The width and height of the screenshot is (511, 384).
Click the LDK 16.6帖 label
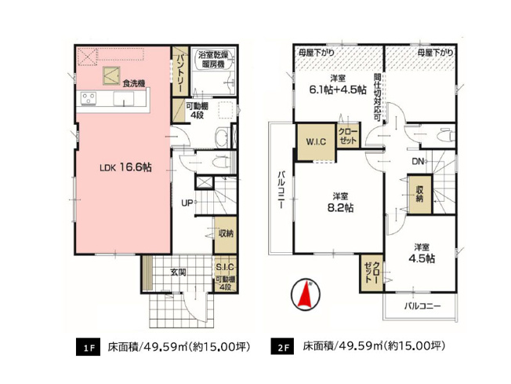point(125,167)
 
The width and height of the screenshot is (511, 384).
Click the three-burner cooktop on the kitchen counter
point(86,98)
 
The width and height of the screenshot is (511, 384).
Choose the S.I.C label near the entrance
point(225,268)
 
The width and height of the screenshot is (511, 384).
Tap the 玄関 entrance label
point(179,272)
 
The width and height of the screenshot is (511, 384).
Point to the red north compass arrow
point(306,294)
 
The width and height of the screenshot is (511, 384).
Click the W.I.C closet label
point(315,142)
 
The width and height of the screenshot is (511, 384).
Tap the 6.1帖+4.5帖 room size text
point(339,90)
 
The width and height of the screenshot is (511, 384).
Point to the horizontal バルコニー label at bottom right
point(422,305)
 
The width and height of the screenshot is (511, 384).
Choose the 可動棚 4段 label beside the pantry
point(196,111)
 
